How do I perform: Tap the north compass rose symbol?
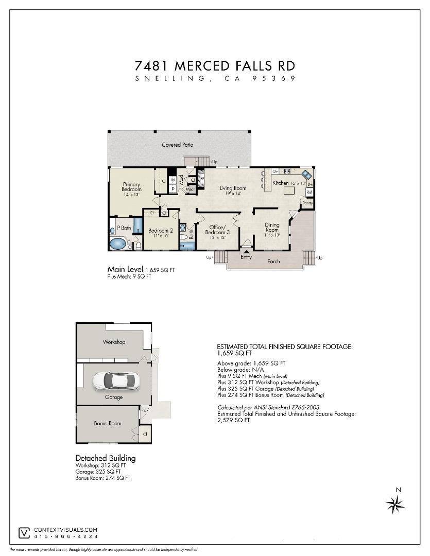395,503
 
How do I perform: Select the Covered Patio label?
178,145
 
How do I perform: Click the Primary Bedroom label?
131,189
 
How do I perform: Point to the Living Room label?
233,188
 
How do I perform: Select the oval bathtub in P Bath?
118,244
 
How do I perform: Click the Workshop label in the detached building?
114,342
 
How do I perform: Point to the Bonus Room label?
108,423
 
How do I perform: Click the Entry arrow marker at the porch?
246,251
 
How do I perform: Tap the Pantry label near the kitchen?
308,203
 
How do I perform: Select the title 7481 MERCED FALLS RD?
215,66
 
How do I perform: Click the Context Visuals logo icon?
24,532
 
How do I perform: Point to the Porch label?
273,261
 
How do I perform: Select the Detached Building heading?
105,458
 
